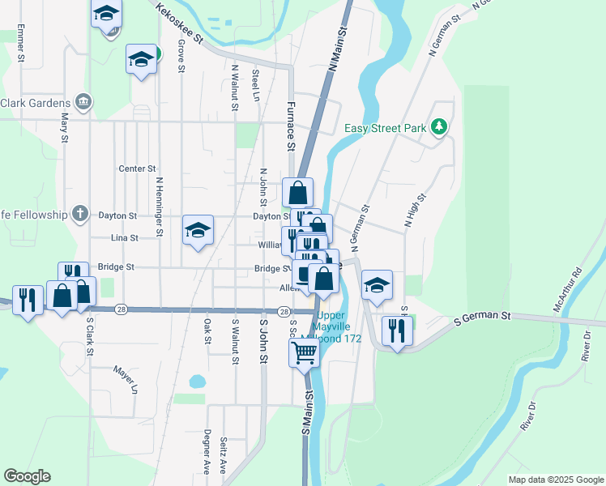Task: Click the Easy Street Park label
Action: point(386,128)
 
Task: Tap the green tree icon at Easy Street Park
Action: point(438,126)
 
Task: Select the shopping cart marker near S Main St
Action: point(305,352)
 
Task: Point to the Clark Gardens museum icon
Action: point(83,102)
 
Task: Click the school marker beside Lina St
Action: point(198,231)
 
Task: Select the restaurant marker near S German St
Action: point(396,330)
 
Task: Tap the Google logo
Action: point(27,476)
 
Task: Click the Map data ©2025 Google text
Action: point(555,480)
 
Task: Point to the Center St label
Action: point(137,168)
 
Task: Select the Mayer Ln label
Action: point(126,379)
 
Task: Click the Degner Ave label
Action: point(208,451)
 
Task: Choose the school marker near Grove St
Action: point(142,61)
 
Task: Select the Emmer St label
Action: point(21,44)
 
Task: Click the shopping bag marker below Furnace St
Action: point(298,194)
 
